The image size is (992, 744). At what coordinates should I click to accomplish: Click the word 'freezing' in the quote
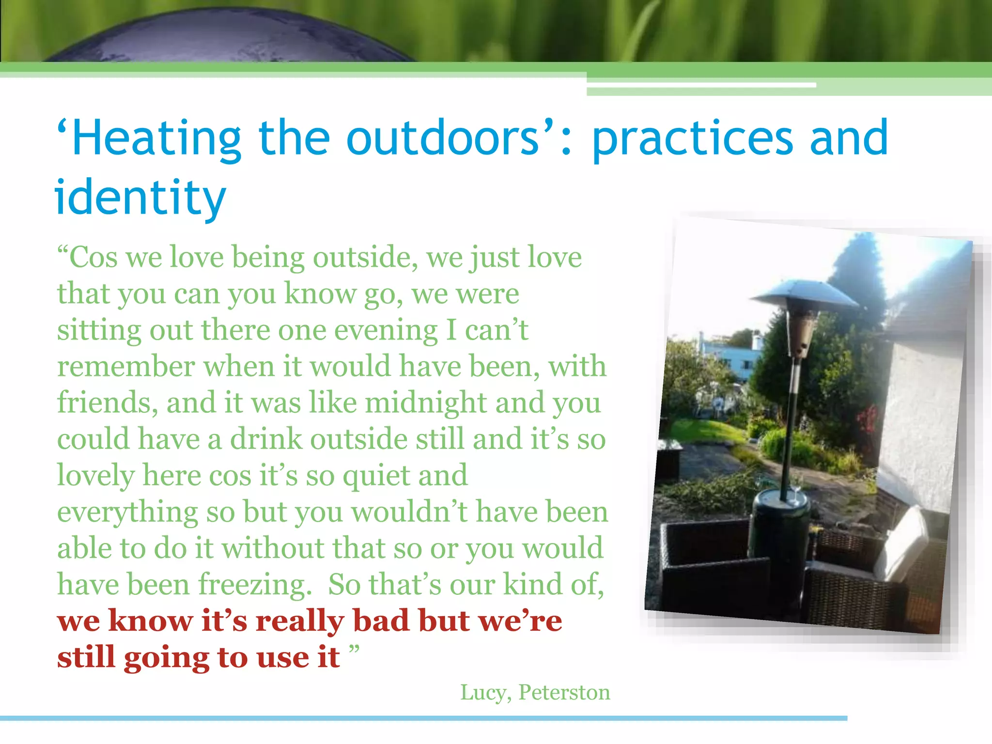254,585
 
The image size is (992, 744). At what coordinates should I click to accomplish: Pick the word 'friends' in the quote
107,403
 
